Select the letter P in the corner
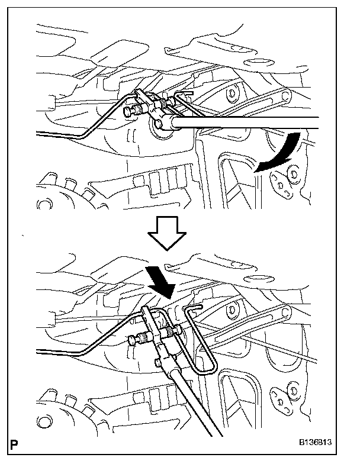coord(13,442)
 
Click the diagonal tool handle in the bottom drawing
coord(189,402)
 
